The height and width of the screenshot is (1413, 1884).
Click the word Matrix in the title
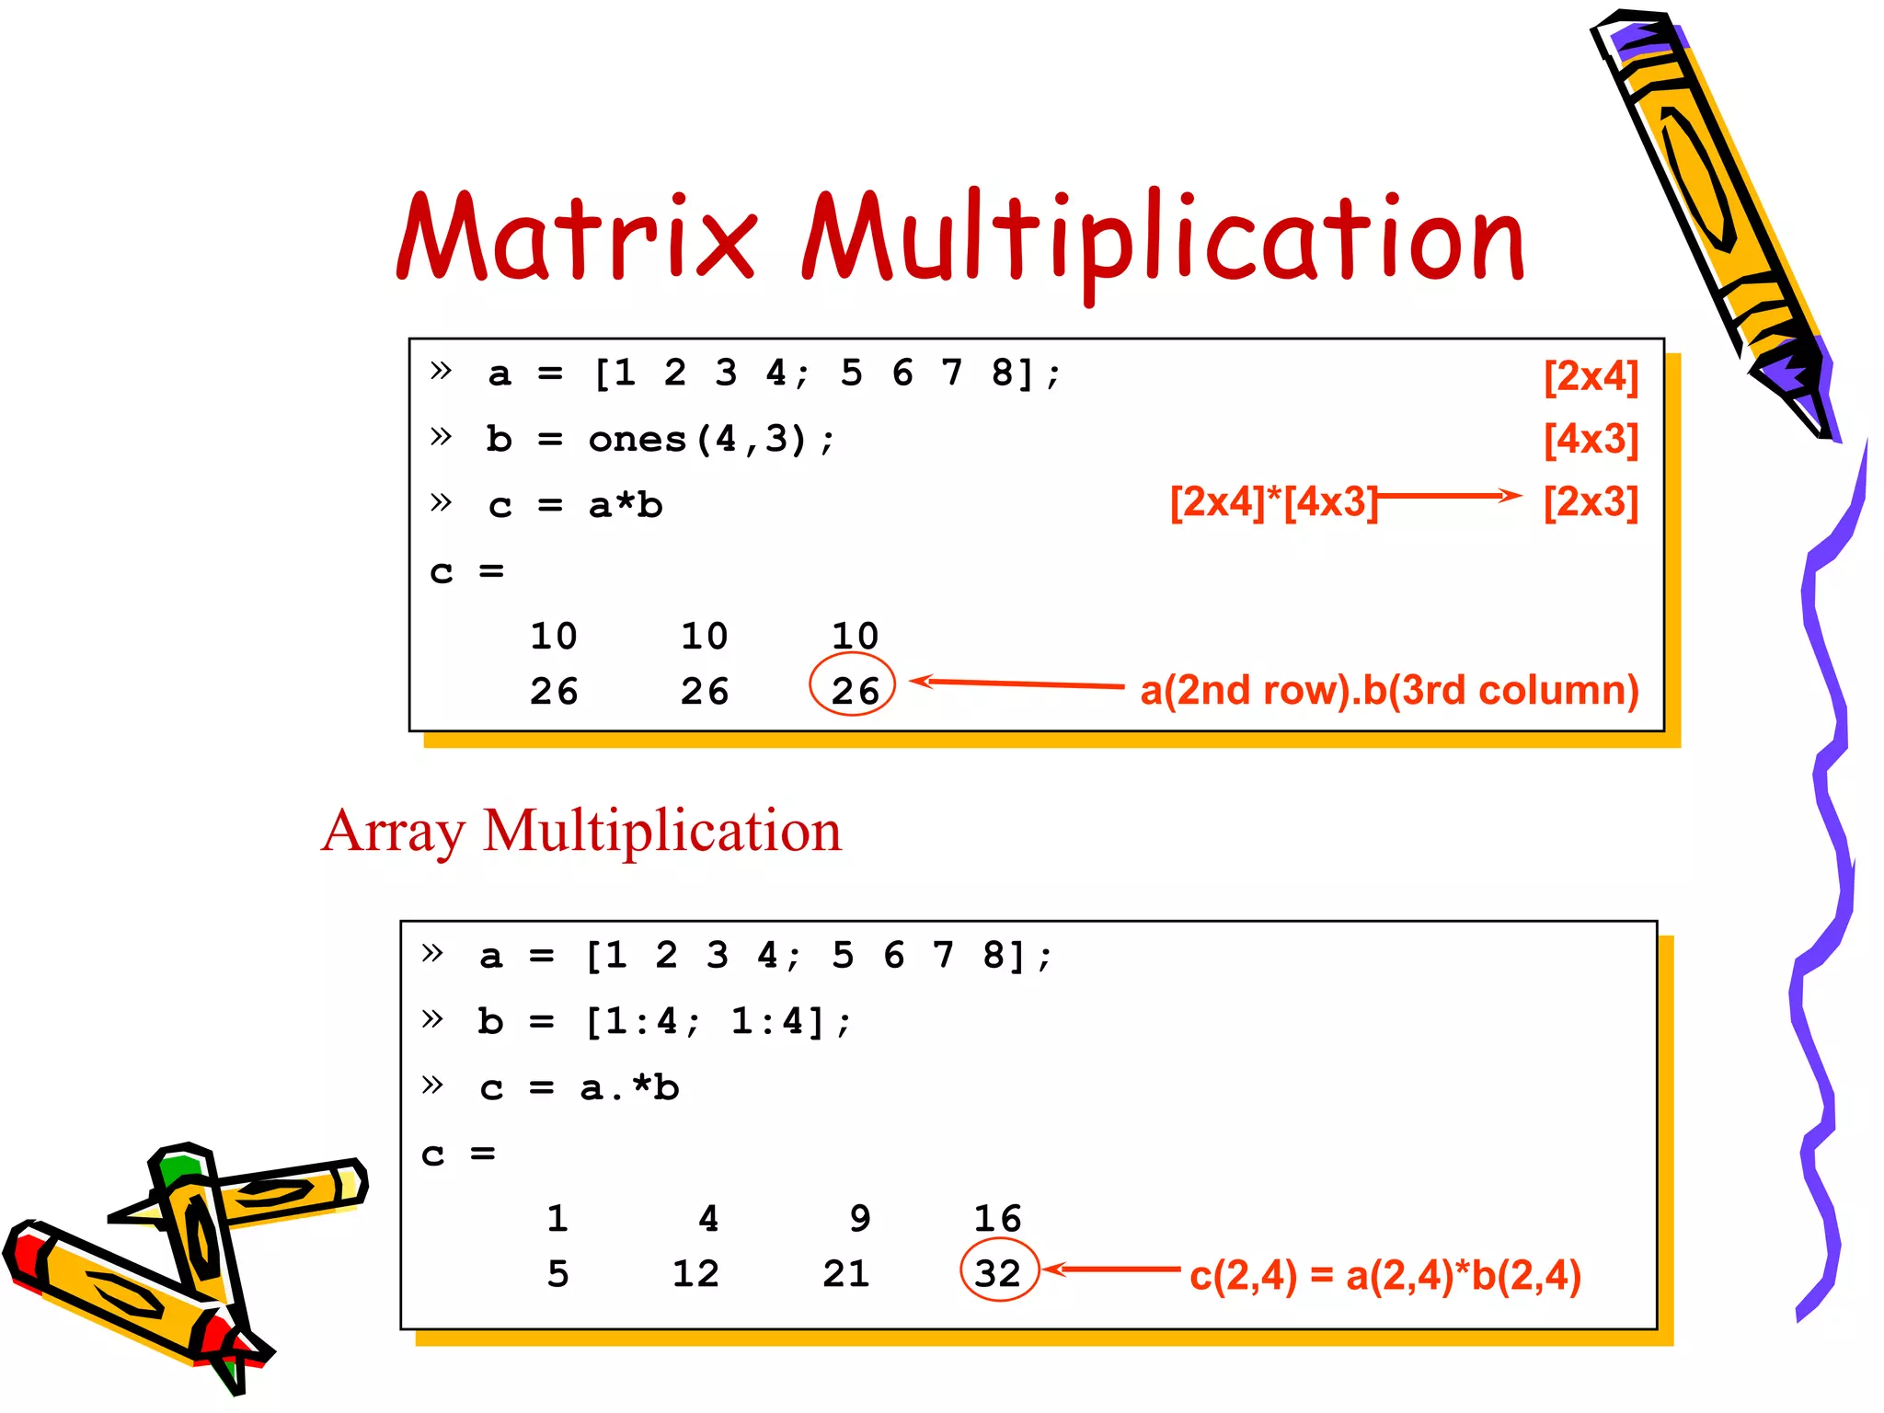pos(578,237)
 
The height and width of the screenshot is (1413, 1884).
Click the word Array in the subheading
pos(394,832)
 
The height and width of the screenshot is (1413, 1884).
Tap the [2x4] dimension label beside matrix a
pos(1591,376)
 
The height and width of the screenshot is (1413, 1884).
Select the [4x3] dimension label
pos(1591,440)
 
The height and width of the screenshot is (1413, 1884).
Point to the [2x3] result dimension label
pos(1591,502)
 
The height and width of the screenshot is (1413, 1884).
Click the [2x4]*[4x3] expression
pos(1273,502)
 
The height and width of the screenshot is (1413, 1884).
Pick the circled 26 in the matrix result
pos(854,690)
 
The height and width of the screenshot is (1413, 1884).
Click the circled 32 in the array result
pos(998,1273)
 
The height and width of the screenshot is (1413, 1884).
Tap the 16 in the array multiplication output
pos(997,1218)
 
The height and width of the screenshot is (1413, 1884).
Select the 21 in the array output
pos(846,1273)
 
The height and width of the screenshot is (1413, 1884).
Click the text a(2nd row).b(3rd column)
pos(1389,690)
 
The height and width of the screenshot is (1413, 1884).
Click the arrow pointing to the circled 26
pos(1017,684)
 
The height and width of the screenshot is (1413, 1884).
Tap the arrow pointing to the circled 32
pos(1113,1269)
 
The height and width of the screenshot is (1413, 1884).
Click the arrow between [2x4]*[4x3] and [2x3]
pos(1449,496)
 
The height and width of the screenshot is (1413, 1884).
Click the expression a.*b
pos(629,1087)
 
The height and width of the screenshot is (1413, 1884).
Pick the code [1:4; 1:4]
pos(718,1021)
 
